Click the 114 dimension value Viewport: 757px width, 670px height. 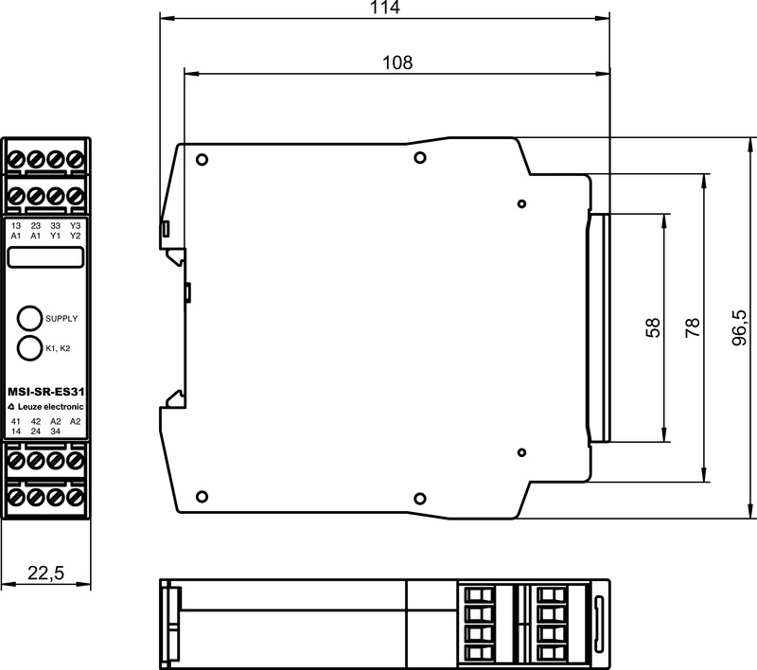coord(385,8)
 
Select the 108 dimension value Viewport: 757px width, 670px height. coord(397,62)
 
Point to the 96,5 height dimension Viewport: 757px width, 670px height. coord(740,327)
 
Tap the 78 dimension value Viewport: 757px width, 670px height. coord(693,327)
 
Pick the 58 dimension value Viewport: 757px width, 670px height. coord(652,327)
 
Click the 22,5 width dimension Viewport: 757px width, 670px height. coord(45,573)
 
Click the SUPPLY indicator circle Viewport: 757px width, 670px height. coord(29,318)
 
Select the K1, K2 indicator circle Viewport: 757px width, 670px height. coord(29,347)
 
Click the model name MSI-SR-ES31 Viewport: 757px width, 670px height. coord(45,392)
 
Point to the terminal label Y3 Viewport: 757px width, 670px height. coord(75,225)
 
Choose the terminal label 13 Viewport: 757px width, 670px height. coord(16,225)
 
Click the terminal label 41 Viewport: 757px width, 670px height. coord(16,421)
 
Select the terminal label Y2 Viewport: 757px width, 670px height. coord(75,236)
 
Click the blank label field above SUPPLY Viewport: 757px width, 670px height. coord(45,256)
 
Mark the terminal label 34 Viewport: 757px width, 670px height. coord(56,432)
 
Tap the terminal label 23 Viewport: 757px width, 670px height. coord(36,225)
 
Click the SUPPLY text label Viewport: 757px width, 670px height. coord(62,319)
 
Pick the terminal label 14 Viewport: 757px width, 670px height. coord(16,432)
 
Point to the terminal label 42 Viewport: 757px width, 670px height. coord(36,421)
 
